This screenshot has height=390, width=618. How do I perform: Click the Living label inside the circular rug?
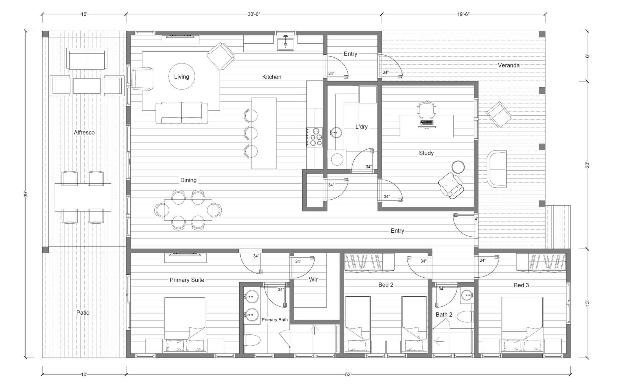point(182,77)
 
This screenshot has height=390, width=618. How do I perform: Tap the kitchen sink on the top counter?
point(286,44)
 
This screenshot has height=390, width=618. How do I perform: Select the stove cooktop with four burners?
point(315,137)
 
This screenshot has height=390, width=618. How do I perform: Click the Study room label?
point(426,153)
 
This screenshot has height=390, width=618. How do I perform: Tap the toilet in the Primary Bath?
point(252,340)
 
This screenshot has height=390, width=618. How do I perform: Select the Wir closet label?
point(313,279)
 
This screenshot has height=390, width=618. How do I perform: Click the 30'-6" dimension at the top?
point(254,14)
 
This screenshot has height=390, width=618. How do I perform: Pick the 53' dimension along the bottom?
point(348,375)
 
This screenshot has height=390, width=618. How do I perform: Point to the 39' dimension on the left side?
point(26,194)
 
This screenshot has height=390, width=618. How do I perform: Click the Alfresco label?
point(84,132)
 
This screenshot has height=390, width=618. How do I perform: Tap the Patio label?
point(83,313)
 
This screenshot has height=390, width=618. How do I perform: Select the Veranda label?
point(509,65)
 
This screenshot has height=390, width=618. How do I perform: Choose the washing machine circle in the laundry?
point(337,160)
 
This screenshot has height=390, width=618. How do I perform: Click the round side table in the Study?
point(458,167)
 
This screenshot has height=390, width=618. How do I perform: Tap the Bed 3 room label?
point(521,285)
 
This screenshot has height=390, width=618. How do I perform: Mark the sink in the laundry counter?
point(336,133)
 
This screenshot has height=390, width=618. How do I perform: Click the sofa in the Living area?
point(182,113)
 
